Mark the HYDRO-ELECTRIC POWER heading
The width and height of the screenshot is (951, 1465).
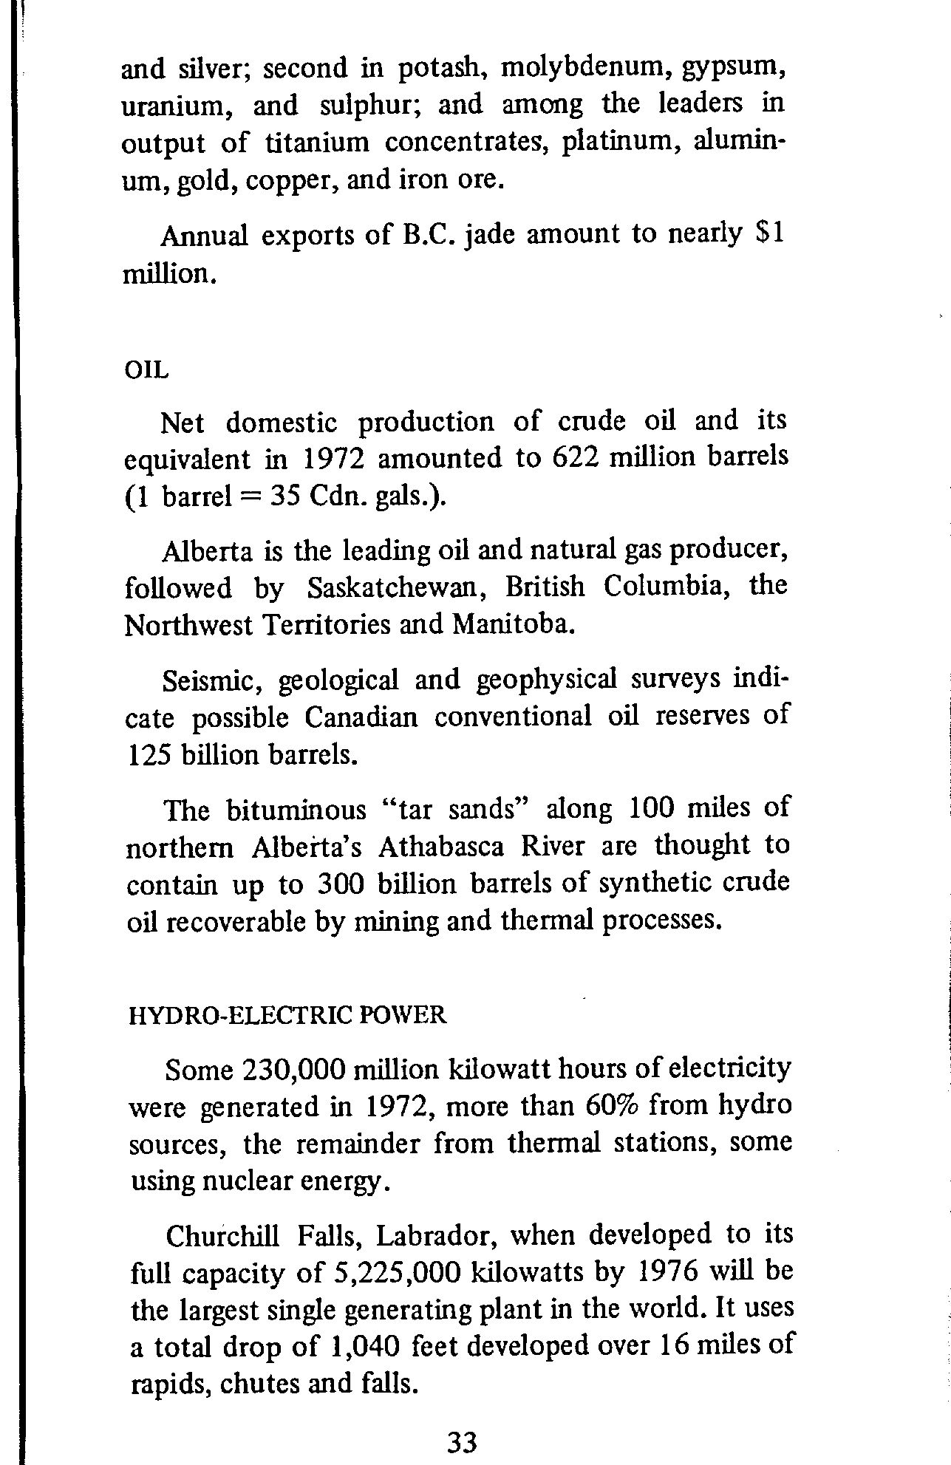click(x=287, y=1015)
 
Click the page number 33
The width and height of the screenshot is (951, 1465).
click(x=463, y=1441)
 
